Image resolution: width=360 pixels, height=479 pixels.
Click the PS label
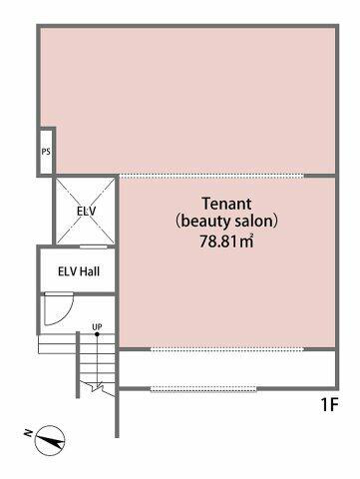(46, 152)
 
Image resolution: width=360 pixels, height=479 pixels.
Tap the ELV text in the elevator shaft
(86, 211)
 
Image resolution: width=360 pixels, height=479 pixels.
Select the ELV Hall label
(79, 271)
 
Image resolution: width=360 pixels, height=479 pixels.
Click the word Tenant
(227, 204)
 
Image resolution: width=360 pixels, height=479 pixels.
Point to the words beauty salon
(226, 222)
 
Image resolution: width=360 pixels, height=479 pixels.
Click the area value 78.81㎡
(226, 240)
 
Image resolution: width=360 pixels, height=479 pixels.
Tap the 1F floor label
(329, 405)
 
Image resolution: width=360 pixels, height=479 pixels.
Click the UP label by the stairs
(97, 327)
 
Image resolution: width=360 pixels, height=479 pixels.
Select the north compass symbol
(50, 440)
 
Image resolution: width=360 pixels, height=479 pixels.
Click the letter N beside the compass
(28, 433)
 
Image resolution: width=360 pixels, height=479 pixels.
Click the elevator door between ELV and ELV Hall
(94, 246)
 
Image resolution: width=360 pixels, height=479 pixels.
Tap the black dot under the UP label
(97, 333)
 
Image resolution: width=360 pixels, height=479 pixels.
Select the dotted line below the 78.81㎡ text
(227, 349)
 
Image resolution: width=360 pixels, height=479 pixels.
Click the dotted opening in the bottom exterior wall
(204, 388)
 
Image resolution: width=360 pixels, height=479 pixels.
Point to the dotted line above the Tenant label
(211, 176)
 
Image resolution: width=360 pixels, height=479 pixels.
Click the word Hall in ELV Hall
(90, 271)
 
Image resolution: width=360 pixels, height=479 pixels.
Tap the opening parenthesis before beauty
(179, 222)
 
